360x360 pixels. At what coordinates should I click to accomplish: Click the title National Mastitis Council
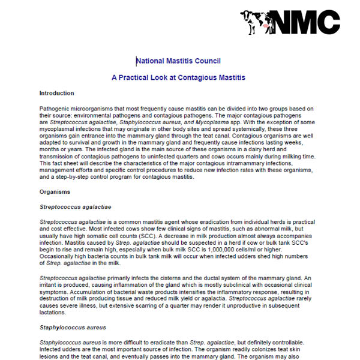(178, 61)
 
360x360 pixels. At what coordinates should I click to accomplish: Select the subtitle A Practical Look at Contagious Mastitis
(178, 77)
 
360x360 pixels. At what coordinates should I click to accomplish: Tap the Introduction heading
(56, 93)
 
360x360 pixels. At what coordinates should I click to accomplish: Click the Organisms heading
(55, 192)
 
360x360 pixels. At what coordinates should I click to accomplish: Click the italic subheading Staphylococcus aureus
(72, 328)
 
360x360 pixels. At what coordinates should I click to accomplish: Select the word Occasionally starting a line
(59, 256)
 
